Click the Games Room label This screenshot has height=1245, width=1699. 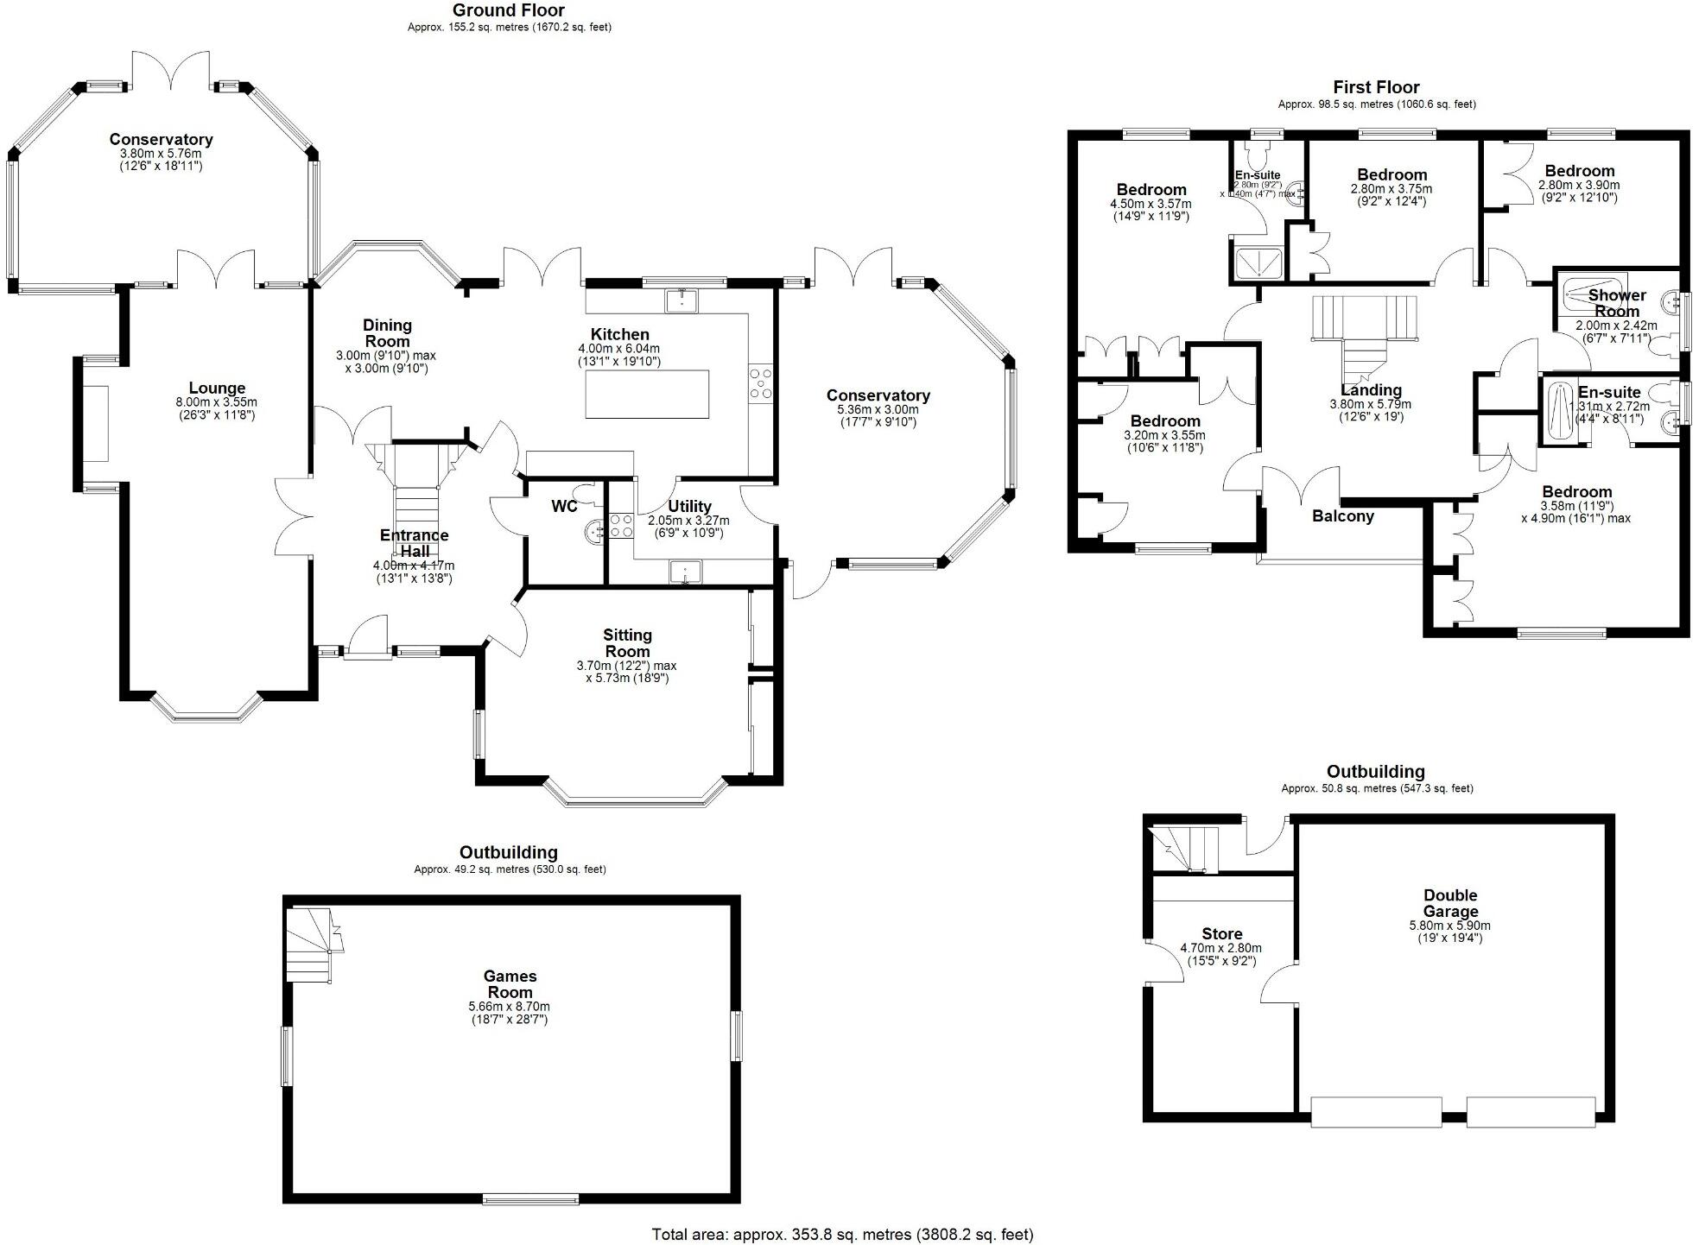(x=510, y=984)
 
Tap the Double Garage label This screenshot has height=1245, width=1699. (x=1450, y=903)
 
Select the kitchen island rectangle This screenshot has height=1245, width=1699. (x=647, y=394)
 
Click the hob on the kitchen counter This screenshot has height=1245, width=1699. (x=761, y=383)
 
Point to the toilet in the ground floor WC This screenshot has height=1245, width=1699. (x=588, y=493)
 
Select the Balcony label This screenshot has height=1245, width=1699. (x=1342, y=516)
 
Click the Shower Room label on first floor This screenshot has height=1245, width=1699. (x=1617, y=303)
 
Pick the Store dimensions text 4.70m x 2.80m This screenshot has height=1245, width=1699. (x=1220, y=948)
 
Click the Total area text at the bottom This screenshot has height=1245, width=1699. (x=842, y=1235)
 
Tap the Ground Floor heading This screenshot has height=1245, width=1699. (x=509, y=10)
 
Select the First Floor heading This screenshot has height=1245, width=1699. (x=1376, y=86)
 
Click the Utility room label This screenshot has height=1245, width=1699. (x=689, y=506)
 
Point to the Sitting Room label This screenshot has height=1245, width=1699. (x=627, y=643)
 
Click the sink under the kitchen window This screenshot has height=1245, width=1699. (x=682, y=300)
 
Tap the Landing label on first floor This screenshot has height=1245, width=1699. (x=1371, y=390)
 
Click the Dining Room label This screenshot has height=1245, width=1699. (x=387, y=333)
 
